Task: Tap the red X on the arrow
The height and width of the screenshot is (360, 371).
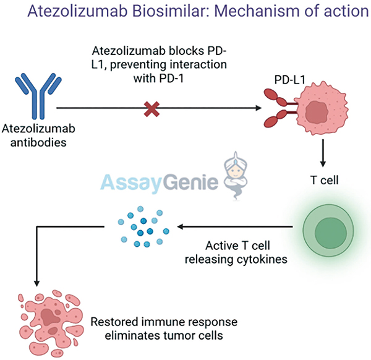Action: click(x=151, y=110)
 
